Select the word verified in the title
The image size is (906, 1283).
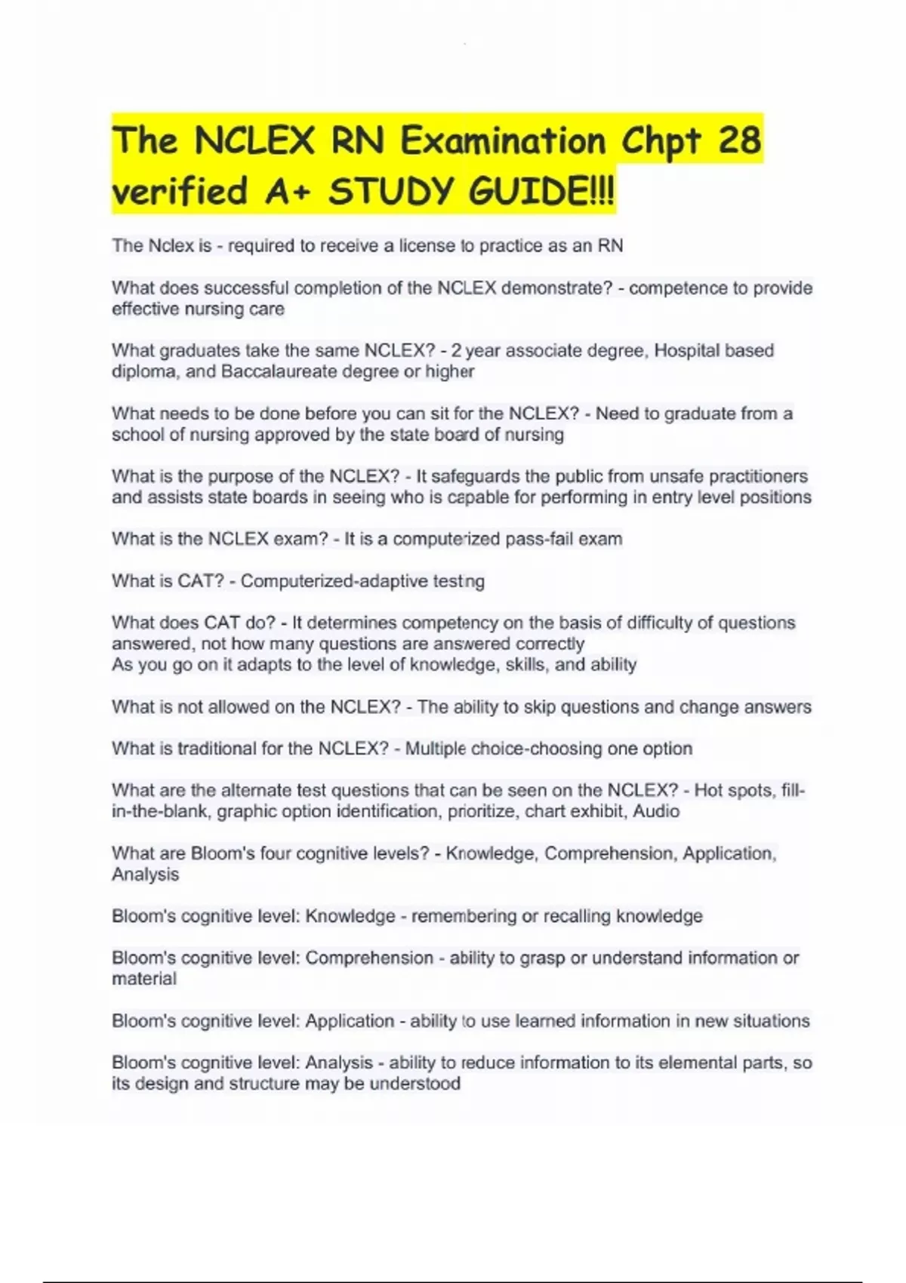[x=180, y=192]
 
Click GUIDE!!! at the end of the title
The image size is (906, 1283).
[x=542, y=192]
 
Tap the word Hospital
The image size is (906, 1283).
[x=686, y=351]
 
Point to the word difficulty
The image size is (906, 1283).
[x=672, y=623]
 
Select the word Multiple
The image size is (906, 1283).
[x=436, y=749]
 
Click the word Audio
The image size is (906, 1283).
[x=656, y=811]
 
